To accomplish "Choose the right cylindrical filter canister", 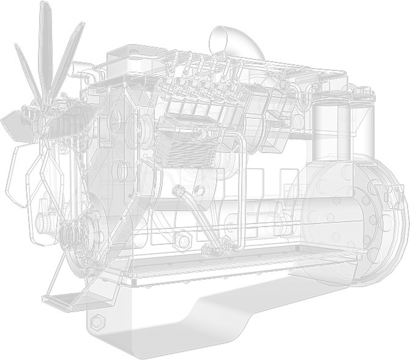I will [x=358, y=132].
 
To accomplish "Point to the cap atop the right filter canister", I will [x=362, y=93].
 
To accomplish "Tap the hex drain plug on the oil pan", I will [x=95, y=321].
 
